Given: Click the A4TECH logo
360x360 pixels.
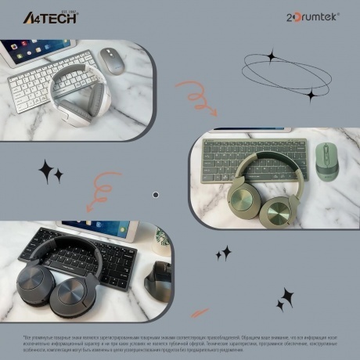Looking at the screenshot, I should tap(49, 17).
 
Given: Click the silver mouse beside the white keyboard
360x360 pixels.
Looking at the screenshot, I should tap(113, 61).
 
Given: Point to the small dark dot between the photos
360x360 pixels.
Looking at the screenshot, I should tap(155, 194).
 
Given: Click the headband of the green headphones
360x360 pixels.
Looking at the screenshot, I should tap(258, 160).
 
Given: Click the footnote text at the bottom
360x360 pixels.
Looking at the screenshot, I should tap(180, 341).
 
